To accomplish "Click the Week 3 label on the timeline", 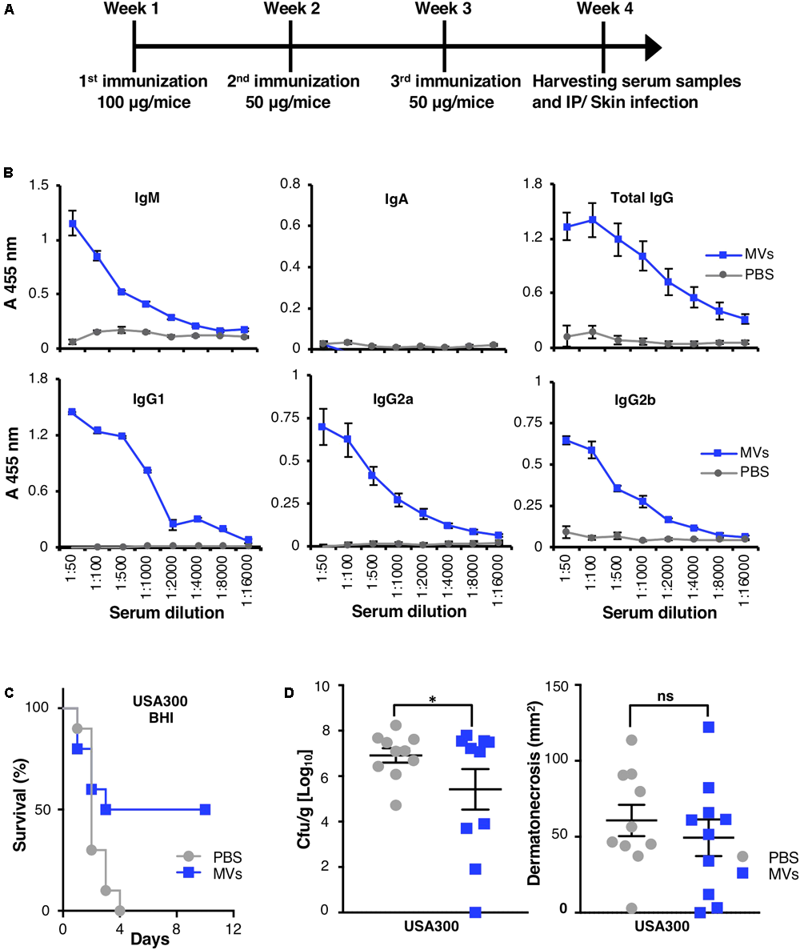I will [444, 10].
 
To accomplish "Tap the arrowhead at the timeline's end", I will [653, 49].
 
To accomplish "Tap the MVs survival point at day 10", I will [206, 809].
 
